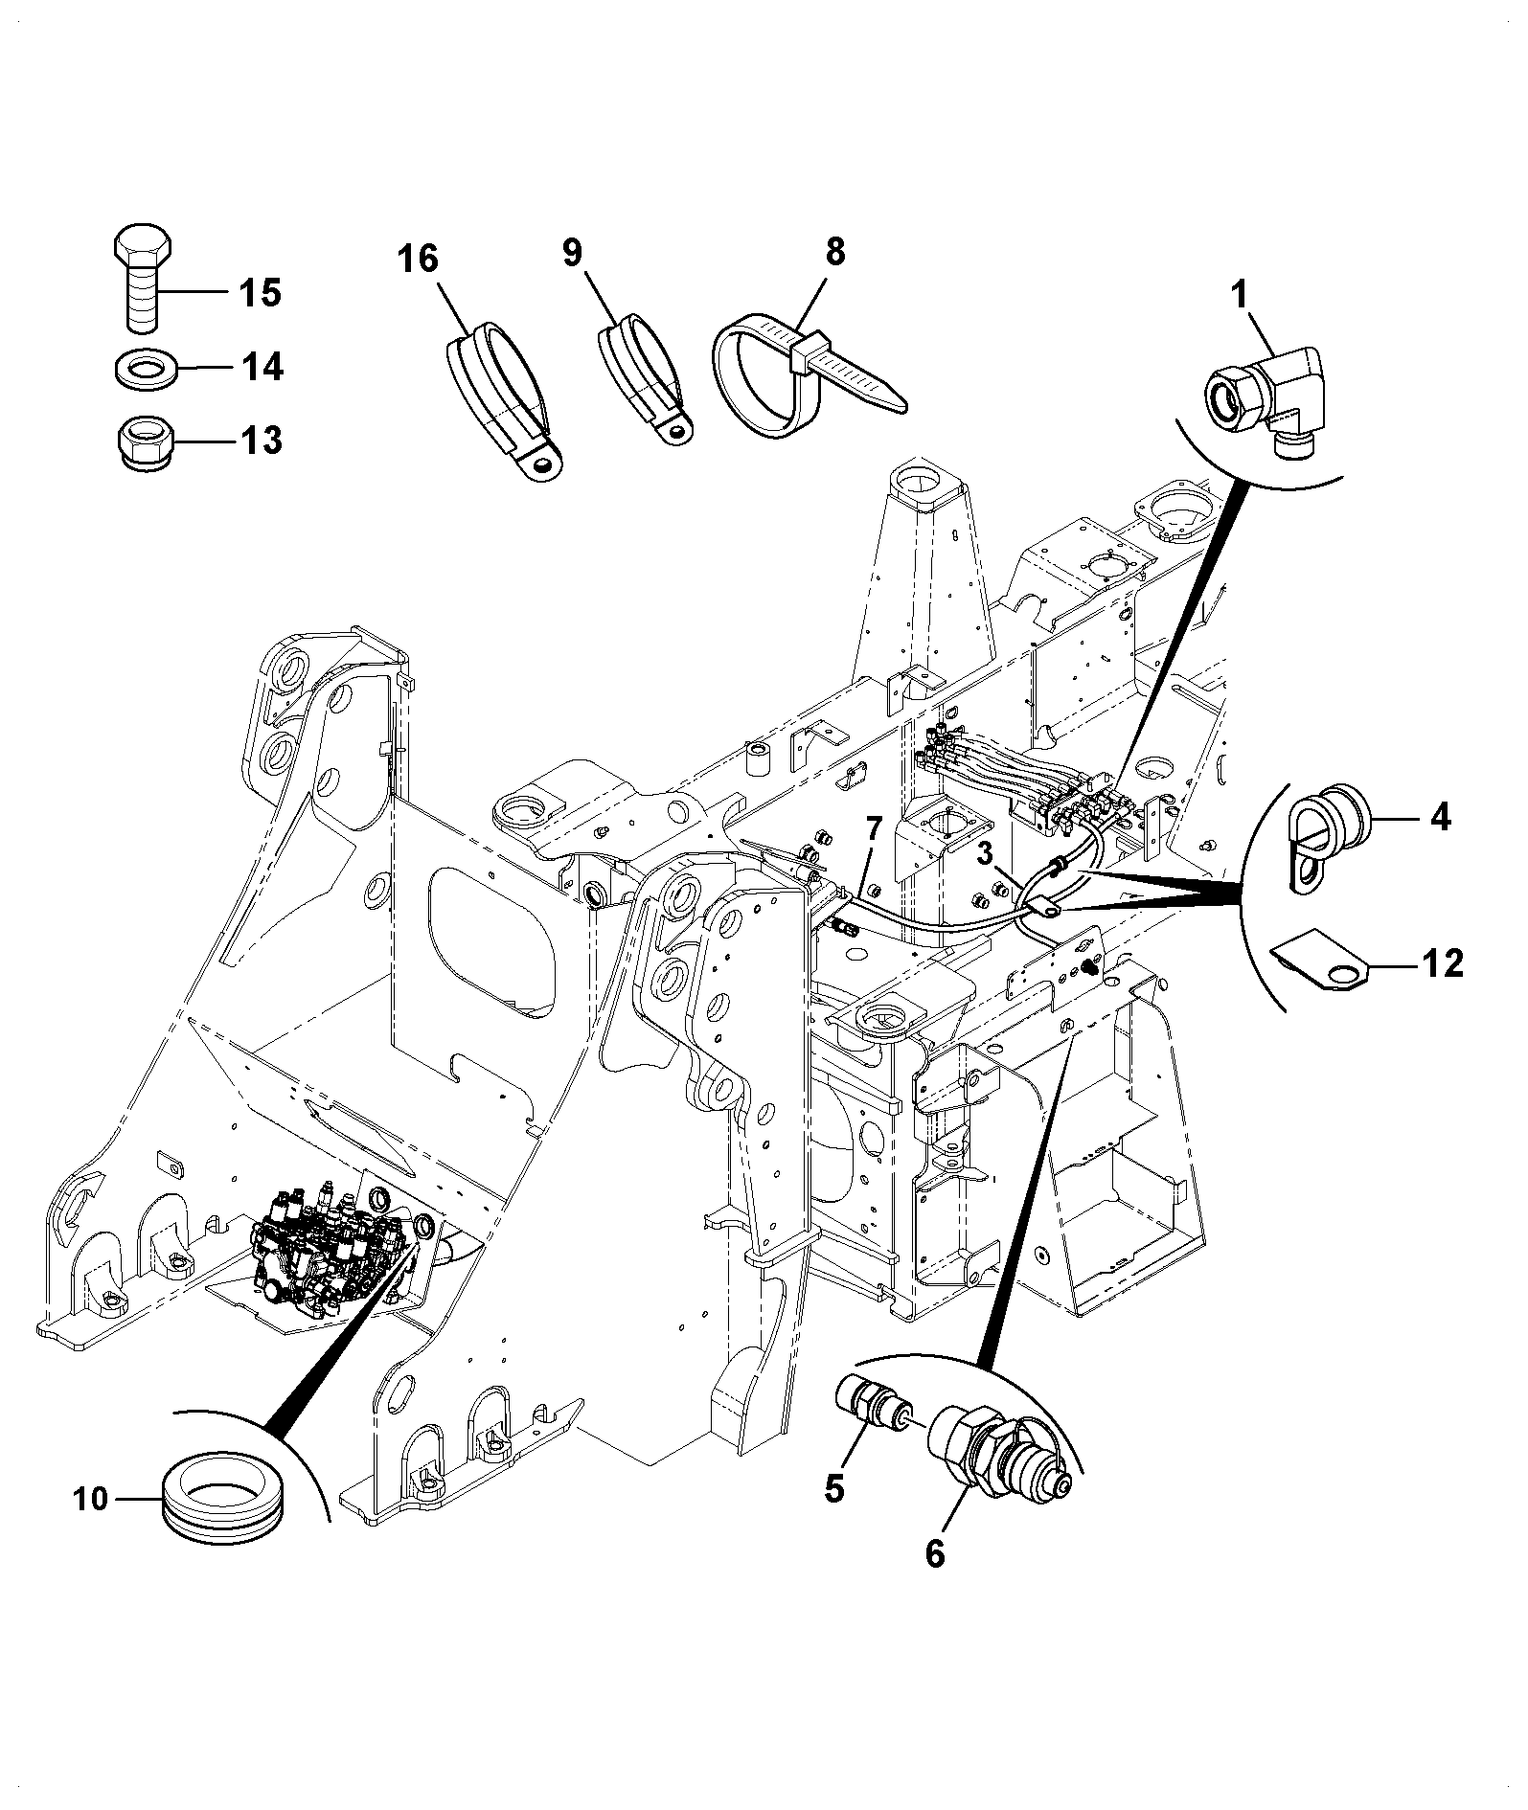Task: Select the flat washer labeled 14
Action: pyautogui.click(x=145, y=368)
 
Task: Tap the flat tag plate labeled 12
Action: pyautogui.click(x=1322, y=962)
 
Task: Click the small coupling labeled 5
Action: pyautogui.click(x=872, y=1414)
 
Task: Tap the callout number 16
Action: pyautogui.click(x=419, y=259)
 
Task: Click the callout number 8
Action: pyautogui.click(x=836, y=252)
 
